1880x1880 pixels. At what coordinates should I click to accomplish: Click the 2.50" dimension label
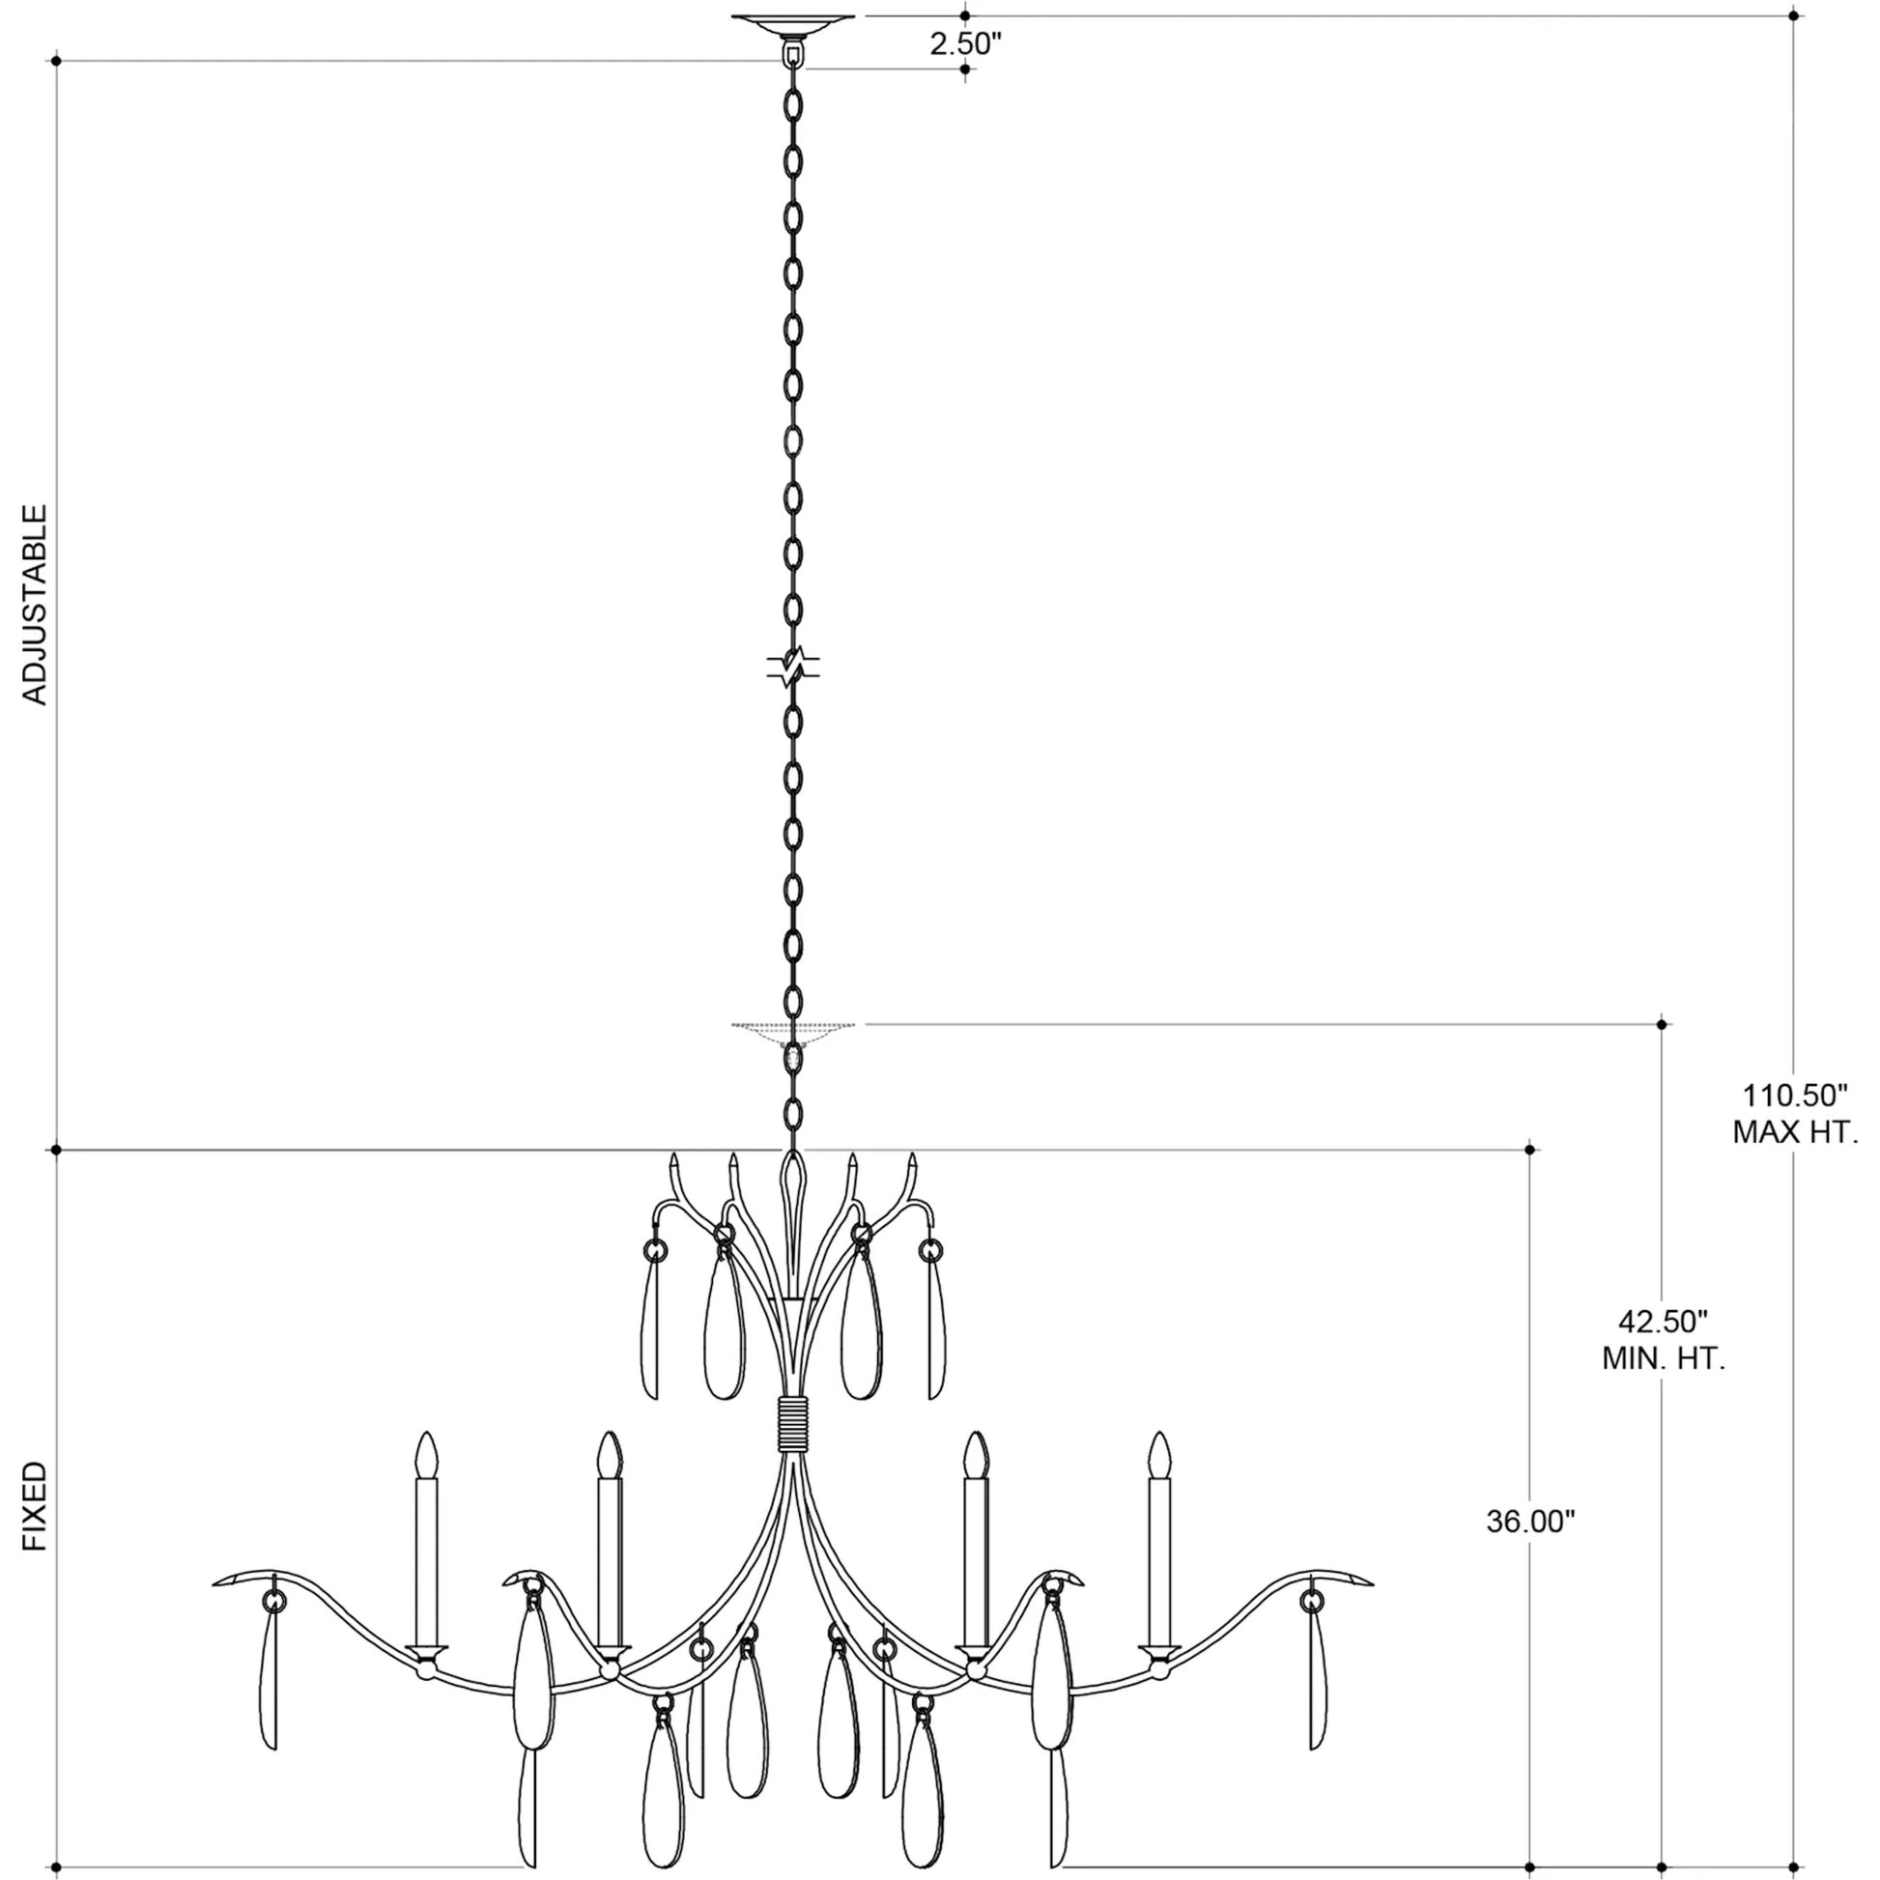coord(964,43)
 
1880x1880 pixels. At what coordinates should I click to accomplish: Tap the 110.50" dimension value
coord(1794,1096)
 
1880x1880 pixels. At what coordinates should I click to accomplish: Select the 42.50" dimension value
coord(1663,1322)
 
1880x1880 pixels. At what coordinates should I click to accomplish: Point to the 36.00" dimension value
coord(1530,1549)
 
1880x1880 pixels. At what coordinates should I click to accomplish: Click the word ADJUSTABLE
coord(35,605)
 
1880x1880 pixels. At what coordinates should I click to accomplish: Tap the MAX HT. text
coord(1795,1132)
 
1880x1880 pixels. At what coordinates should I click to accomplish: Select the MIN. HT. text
coord(1664,1359)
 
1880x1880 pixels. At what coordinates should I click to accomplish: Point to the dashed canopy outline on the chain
coord(793,1033)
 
